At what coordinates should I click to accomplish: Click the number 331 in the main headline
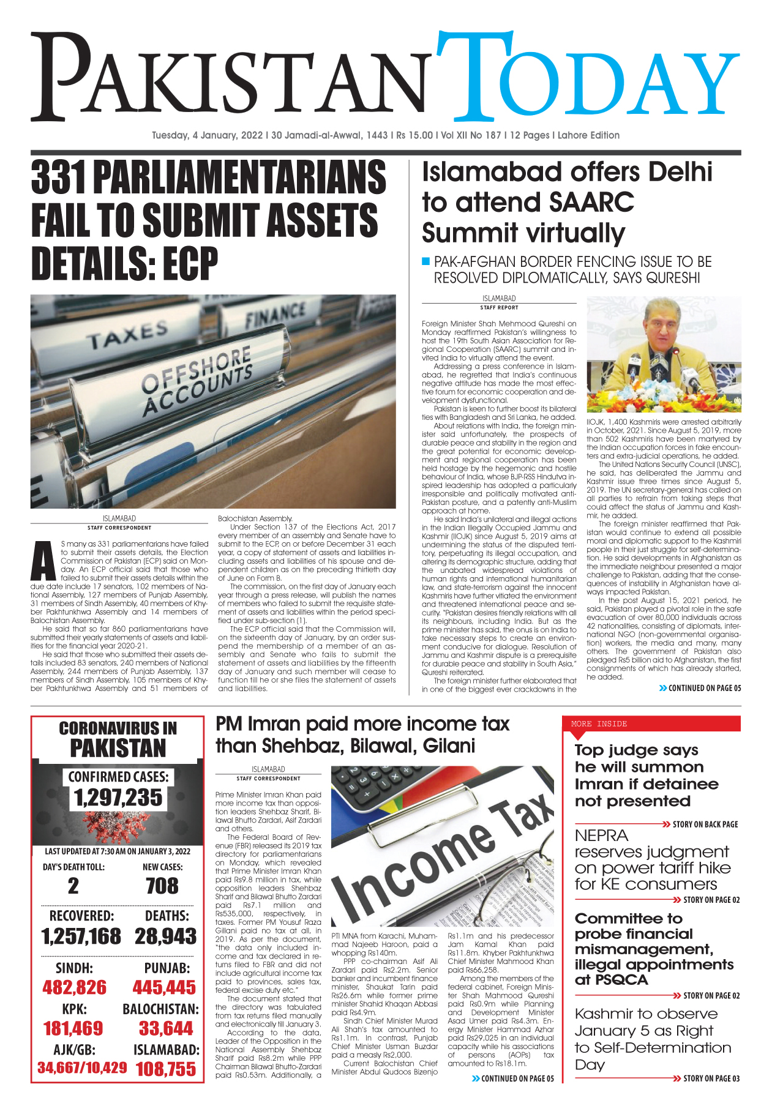[x=59, y=179]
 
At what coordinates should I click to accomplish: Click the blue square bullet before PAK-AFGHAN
[x=426, y=262]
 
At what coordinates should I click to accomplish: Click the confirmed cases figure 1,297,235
[x=118, y=798]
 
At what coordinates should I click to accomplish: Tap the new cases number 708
[x=162, y=886]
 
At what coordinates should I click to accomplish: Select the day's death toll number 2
[x=73, y=886]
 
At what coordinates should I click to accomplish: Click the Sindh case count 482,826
[x=74, y=987]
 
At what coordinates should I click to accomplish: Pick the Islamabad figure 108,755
[x=166, y=1069]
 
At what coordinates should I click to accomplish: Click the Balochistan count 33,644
[x=166, y=1028]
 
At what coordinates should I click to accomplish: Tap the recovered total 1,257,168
[x=81, y=936]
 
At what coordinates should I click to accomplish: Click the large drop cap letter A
[x=43, y=561]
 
